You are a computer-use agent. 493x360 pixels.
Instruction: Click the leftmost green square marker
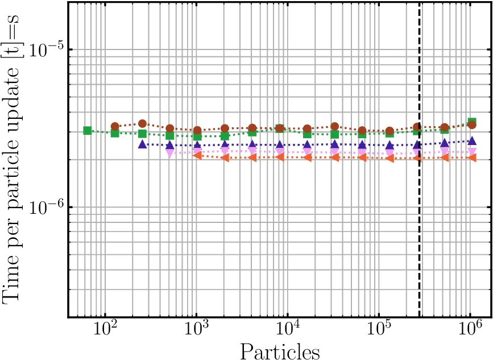tap(88, 130)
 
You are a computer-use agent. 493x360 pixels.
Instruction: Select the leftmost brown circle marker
tap(115, 126)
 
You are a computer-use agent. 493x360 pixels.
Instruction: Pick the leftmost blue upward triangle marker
tap(143, 144)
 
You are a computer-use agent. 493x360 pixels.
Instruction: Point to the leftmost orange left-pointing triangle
tap(197, 155)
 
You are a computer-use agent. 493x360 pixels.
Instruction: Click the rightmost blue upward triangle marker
tap(471, 140)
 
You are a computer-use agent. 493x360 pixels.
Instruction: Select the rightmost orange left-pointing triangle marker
tap(471, 157)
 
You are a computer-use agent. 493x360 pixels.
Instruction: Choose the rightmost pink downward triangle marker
tap(471, 152)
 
